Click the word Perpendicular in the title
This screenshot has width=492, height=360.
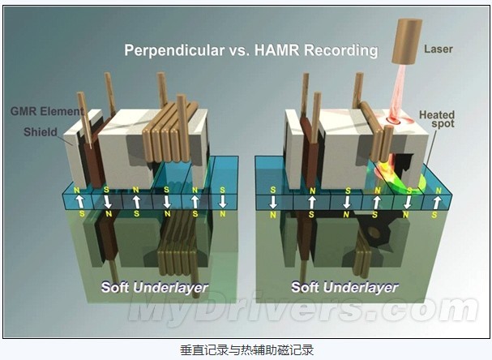174,51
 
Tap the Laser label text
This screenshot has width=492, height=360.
439,49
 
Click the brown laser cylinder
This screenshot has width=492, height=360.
406,41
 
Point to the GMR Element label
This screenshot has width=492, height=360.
47,111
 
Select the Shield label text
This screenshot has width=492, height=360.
41,132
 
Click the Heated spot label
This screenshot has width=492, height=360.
437,119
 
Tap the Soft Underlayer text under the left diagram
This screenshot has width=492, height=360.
155,287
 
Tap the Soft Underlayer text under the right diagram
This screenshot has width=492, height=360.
344,287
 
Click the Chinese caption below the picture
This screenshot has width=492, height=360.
246,350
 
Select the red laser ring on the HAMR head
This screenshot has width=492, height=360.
395,119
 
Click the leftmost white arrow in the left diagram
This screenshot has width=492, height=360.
80,202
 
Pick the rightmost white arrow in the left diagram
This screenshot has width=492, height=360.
222,202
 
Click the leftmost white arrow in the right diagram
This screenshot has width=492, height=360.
273,202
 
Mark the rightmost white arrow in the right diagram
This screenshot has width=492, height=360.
437,203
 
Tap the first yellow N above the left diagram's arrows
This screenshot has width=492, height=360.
76,190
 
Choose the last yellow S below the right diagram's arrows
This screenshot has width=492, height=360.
434,215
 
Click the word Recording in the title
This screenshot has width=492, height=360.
341,51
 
